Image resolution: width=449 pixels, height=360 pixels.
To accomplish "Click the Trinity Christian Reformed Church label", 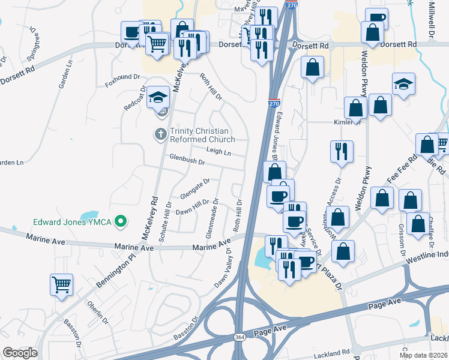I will pos(202,135).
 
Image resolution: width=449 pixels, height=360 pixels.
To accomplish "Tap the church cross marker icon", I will pos(160,134).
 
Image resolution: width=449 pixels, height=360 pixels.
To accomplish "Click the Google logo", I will pos(20,353).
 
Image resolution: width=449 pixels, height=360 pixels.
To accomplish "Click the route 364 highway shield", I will pos(240,338).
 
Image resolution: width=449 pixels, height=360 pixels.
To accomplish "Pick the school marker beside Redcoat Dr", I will pos(158,97).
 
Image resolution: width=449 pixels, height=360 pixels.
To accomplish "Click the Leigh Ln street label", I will pos(218,153).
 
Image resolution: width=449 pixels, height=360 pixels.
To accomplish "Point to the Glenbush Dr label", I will pos(187,161).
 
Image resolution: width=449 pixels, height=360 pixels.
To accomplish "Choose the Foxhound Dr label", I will pos(122,80).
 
